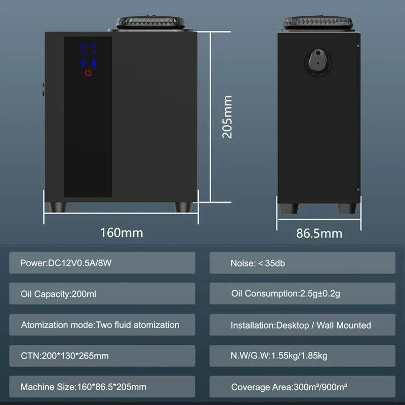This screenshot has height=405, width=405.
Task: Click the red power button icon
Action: (88, 72)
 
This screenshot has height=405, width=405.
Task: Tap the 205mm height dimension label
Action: (227, 117)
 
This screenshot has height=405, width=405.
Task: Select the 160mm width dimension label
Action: (121, 232)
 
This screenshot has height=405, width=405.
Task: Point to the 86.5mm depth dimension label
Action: (319, 233)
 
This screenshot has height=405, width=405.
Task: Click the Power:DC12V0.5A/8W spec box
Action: (102, 263)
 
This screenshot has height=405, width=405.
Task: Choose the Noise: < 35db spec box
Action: (302, 263)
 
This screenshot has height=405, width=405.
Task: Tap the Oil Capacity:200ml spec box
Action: (102, 294)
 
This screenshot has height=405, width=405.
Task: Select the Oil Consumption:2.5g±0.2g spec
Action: (302, 294)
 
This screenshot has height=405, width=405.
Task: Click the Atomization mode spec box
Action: (102, 325)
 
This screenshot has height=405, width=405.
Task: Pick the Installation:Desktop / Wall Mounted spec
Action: (302, 325)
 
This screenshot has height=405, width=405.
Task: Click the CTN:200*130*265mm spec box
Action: (102, 356)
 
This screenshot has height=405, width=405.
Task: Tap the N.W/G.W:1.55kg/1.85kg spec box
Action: (302, 356)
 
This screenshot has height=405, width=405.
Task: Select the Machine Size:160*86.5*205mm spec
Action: (102, 386)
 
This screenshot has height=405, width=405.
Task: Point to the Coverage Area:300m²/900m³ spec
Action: (302, 386)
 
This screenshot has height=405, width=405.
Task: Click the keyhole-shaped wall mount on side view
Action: (318, 62)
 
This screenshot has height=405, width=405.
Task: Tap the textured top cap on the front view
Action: (150, 23)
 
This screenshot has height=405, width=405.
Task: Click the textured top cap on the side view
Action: (318, 23)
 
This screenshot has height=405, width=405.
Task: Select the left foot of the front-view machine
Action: (58, 207)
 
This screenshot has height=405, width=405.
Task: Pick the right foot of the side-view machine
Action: (347, 208)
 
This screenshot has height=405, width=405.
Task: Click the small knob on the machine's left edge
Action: (44, 90)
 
